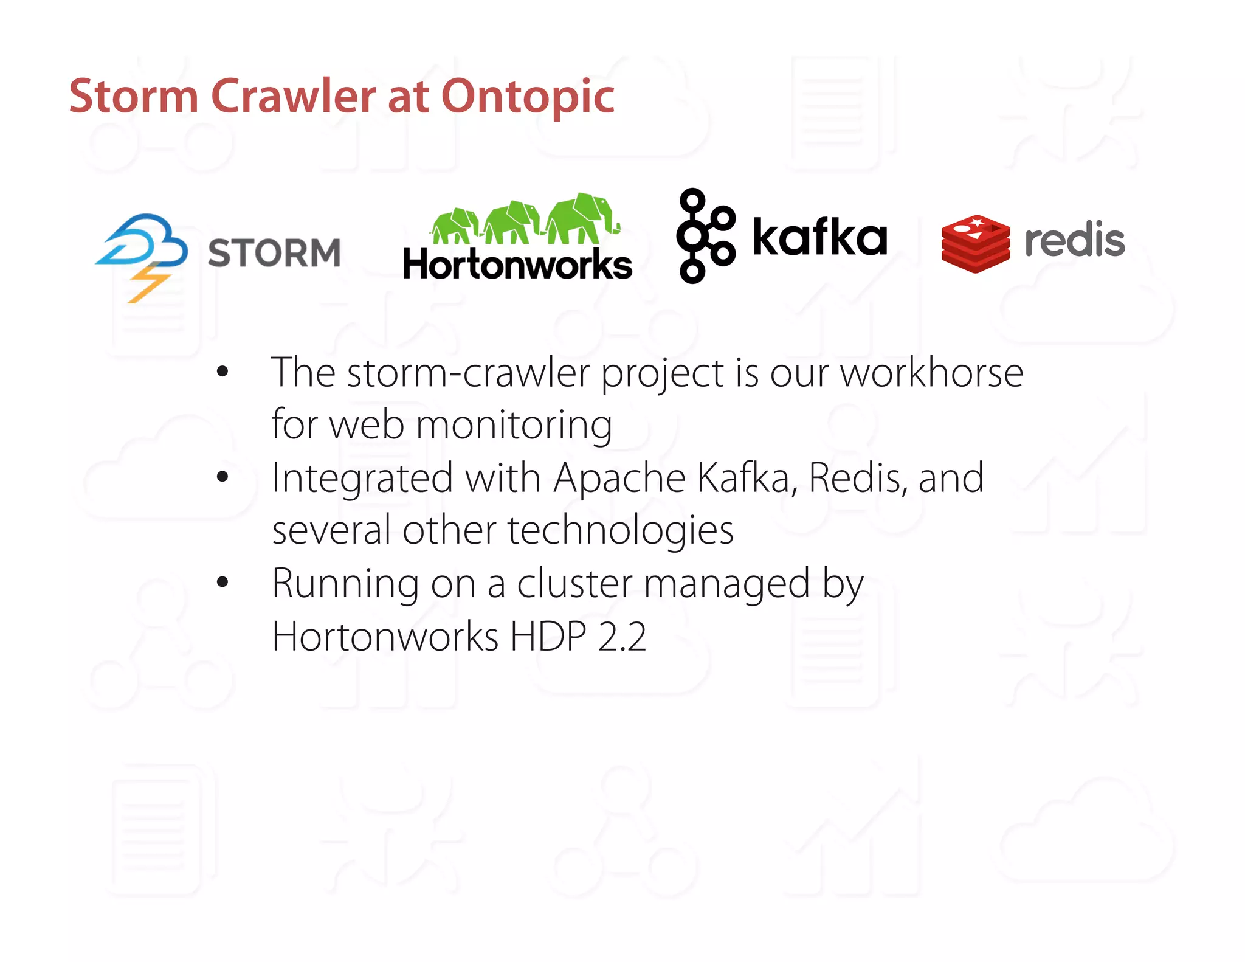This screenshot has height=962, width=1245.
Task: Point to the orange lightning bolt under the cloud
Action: tap(148, 282)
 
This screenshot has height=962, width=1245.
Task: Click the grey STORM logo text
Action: tap(274, 253)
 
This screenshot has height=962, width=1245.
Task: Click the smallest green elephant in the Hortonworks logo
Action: tap(454, 224)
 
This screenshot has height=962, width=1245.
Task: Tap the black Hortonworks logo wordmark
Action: tap(517, 265)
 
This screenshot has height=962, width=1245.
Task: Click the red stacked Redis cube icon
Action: tap(975, 243)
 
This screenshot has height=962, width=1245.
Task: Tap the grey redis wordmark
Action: tap(1074, 240)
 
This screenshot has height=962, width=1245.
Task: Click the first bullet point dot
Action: tap(222, 372)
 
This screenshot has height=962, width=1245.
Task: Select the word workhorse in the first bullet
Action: tap(931, 373)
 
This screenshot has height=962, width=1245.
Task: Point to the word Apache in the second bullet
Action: tap(619, 478)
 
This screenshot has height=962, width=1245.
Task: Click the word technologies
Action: tap(620, 530)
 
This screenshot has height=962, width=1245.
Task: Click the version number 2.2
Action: tap(622, 637)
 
